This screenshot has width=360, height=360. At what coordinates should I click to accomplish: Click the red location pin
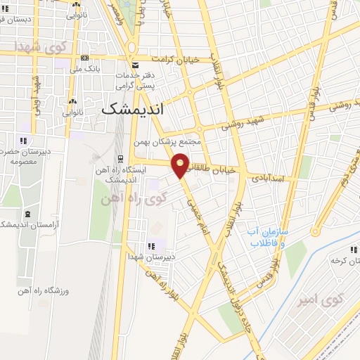click(x=181, y=165)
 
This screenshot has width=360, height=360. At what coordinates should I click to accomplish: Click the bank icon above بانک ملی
click(x=84, y=58)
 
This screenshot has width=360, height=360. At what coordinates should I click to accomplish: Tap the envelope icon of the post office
click(x=136, y=66)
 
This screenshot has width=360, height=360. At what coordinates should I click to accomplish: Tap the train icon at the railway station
click(x=120, y=158)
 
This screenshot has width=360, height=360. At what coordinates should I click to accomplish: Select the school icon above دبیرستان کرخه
click(x=354, y=250)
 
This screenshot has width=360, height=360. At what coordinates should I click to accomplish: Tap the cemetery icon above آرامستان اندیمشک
click(x=27, y=213)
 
